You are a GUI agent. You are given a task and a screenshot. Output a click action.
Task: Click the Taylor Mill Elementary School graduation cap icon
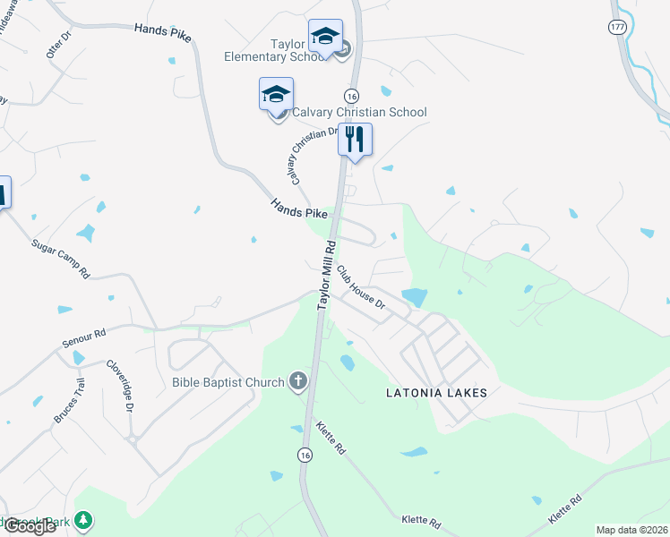point(324,37)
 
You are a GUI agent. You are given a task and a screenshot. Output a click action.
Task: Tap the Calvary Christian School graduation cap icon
point(276,93)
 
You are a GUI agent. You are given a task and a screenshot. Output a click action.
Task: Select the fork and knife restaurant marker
point(356,140)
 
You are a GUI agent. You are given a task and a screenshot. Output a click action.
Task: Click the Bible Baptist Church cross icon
point(297,382)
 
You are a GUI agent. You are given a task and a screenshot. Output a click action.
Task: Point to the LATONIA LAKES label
point(436,393)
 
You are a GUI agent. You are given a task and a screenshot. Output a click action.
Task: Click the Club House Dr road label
point(362,291)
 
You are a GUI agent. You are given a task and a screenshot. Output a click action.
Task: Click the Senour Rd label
point(84,337)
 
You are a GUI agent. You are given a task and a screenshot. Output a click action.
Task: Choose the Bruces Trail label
point(69,402)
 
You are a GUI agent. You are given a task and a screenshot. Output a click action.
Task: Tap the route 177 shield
point(616,28)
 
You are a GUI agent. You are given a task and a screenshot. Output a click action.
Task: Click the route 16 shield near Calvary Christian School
point(351,96)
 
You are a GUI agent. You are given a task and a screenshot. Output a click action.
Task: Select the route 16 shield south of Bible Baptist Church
point(305,455)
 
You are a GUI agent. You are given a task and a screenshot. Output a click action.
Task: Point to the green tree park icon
point(83,519)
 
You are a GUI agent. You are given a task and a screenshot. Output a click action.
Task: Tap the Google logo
point(30,526)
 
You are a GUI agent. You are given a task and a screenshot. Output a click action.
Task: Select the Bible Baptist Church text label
point(228,383)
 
